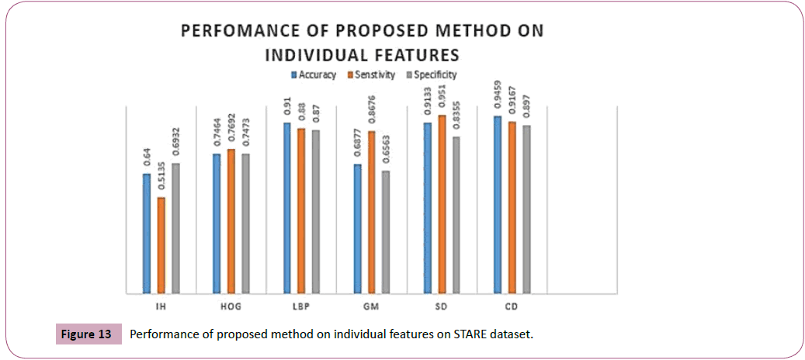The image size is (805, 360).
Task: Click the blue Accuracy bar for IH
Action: (146, 233)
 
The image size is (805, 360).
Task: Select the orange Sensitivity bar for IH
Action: (161, 245)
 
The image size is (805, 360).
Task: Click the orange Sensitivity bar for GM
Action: (371, 213)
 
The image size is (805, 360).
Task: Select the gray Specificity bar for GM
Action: (386, 232)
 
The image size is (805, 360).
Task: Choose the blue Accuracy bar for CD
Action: (497, 205)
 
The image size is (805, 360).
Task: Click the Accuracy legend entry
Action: (314, 75)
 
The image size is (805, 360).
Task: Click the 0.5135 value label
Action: (161, 179)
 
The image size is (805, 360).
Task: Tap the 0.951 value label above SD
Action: (442, 98)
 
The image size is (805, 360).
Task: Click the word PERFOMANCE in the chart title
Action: (234, 32)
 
